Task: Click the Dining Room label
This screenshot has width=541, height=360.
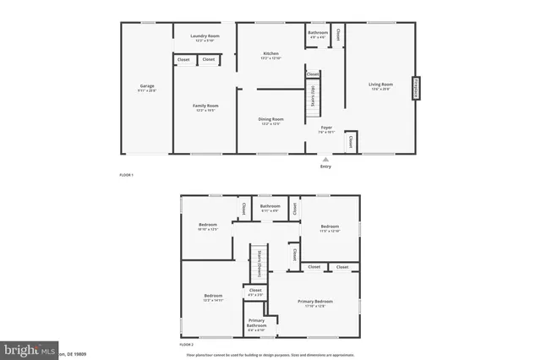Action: [270, 121]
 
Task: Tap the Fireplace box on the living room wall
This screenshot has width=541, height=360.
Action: [416, 89]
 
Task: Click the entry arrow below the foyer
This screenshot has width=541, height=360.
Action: [326, 157]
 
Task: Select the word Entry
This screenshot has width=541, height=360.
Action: [326, 166]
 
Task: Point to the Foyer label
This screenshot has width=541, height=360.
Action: [326, 129]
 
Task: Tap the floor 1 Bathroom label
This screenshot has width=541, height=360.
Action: [318, 35]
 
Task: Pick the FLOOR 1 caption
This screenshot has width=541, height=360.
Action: [127, 175]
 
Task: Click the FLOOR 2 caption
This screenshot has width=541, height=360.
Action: [186, 346]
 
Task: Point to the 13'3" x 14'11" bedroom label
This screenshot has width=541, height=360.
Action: [212, 297]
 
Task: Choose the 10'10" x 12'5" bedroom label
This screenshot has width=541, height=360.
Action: [208, 226]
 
